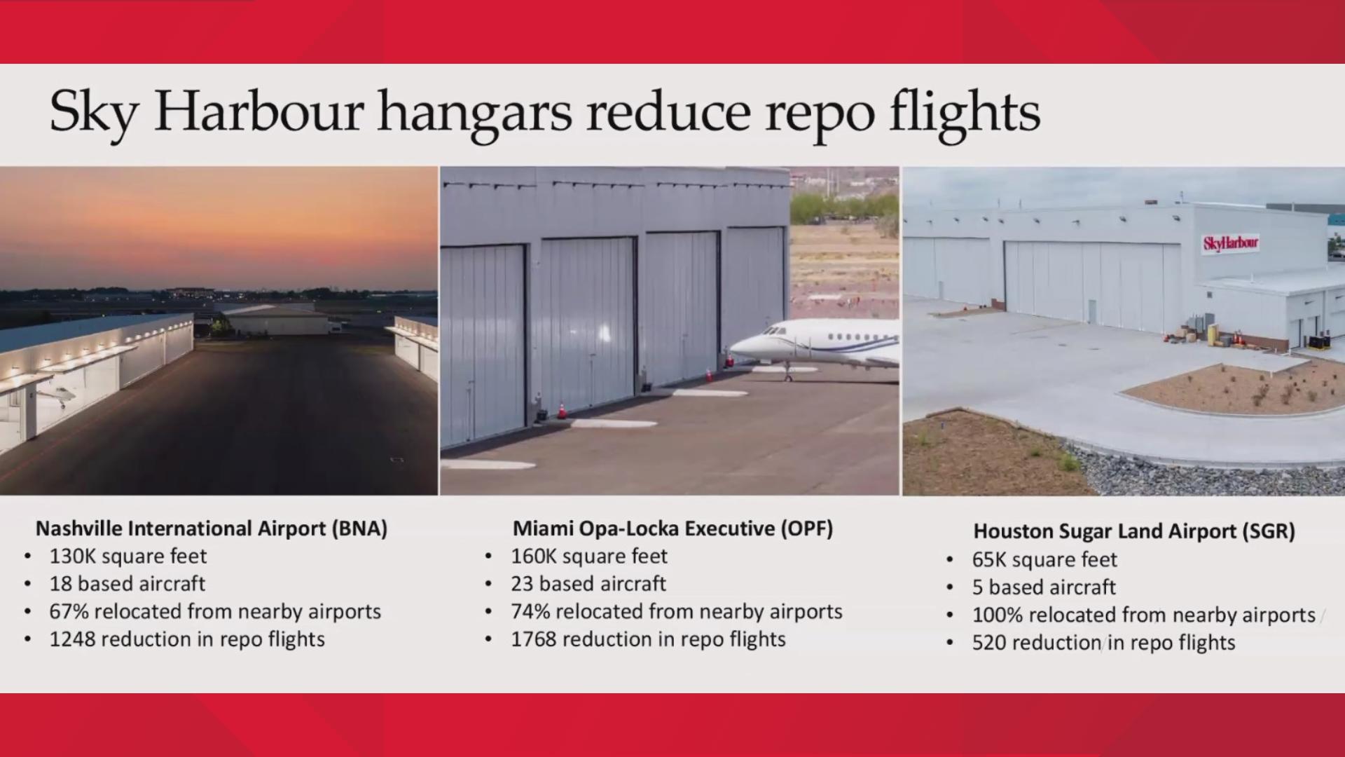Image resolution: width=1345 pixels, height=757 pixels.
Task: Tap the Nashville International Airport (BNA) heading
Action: pos(211,528)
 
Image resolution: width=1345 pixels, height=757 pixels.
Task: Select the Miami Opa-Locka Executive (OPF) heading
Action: pos(672,528)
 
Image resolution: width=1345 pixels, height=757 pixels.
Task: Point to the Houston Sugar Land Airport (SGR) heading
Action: pos(1133,531)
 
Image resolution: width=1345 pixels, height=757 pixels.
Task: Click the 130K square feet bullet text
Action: pos(127,557)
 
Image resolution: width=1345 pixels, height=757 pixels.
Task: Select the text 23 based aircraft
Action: pos(588,584)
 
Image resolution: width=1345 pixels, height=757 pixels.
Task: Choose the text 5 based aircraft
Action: pos(1044,587)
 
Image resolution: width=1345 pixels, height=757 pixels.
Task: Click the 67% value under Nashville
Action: pos(68,612)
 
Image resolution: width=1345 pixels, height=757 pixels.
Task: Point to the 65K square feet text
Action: pos(1044,560)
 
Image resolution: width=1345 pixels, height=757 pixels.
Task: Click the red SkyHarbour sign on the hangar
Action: pos(1231,243)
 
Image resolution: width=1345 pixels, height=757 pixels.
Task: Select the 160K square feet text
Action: pos(588,557)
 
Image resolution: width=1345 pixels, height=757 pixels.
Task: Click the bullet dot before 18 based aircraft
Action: pos(27,584)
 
